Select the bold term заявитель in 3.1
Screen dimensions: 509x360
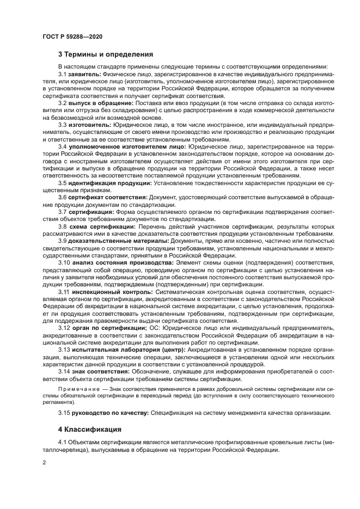tap(83, 73)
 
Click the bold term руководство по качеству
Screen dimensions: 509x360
tap(108, 413)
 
